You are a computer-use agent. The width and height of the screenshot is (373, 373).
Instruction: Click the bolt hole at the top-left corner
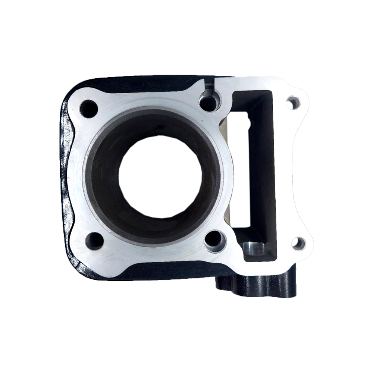[89, 109]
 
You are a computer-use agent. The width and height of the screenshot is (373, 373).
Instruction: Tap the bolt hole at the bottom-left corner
[94, 241]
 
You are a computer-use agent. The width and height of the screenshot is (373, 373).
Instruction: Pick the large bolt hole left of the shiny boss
[215, 241]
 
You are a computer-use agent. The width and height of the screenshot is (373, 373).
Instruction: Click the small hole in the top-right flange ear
[293, 103]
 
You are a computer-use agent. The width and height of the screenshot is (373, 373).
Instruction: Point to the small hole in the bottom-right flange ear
[298, 244]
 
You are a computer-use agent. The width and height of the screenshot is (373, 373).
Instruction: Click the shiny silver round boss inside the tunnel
[254, 248]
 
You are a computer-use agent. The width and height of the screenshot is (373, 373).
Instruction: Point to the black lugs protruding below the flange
[257, 285]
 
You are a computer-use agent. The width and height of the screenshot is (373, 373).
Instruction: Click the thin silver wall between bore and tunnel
[228, 168]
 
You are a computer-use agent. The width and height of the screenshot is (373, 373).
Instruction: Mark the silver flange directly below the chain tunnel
[261, 266]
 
